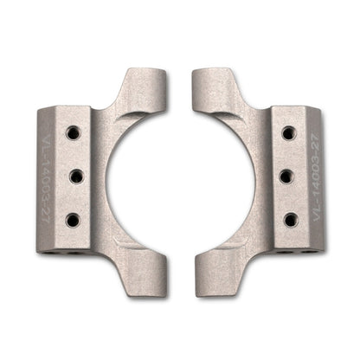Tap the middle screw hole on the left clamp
pos(74,177)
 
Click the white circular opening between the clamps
pos(180,177)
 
